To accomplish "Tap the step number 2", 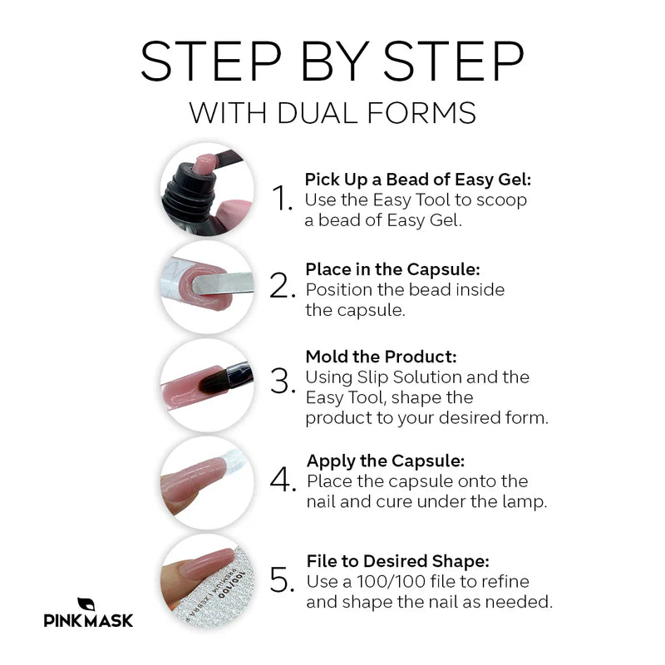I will [x=283, y=285].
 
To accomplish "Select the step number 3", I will [x=283, y=382].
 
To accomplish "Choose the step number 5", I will [x=283, y=579].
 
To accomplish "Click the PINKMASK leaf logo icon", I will [x=86, y=605].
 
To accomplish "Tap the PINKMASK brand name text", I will [x=88, y=620].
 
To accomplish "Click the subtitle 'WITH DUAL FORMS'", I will [x=332, y=112].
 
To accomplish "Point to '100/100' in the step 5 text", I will [x=392, y=581].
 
